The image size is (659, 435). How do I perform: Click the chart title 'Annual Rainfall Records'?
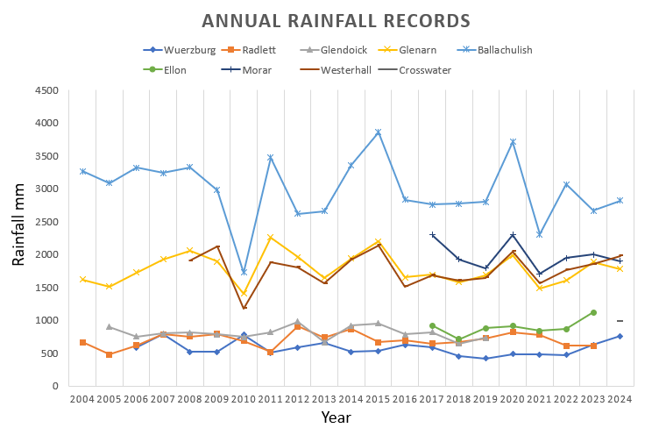coord(336,21)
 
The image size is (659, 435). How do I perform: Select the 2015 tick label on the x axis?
coord(378,400)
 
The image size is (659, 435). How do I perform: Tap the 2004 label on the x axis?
coord(82,400)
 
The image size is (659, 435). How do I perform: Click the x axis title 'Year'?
coord(336,417)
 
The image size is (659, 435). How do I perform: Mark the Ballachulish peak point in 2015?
coord(378,132)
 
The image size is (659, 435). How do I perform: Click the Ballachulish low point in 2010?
coord(244,272)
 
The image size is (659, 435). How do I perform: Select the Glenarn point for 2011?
coord(271,238)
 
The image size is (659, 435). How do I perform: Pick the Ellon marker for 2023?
coord(593,312)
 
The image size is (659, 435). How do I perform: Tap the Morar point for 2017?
coord(432,235)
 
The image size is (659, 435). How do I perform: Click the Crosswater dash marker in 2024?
coord(620,321)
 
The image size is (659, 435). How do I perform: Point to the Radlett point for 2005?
coord(109,354)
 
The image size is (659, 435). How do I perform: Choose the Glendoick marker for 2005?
coord(109,327)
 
